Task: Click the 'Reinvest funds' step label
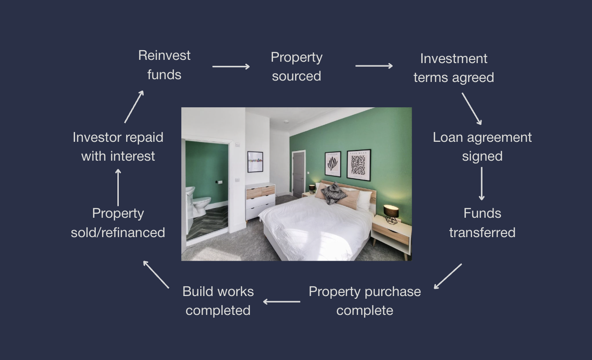[x=164, y=65]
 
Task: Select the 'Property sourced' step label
[x=296, y=66]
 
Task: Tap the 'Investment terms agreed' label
[x=453, y=68]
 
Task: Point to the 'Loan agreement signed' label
[x=482, y=146]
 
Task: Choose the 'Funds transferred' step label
[x=482, y=223]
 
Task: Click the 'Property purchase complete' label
[x=365, y=301]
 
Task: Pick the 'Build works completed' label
[x=218, y=301]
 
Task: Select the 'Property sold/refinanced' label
[x=118, y=223]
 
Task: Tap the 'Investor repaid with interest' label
[x=118, y=146]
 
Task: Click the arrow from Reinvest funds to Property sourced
[x=231, y=66]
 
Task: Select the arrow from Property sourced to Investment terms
[x=374, y=66]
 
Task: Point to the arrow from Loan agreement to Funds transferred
[x=482, y=183]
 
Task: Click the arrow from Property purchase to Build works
[x=281, y=302]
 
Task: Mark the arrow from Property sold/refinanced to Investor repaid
[x=118, y=187]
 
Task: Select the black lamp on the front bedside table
[x=391, y=213]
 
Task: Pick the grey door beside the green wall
[x=298, y=174]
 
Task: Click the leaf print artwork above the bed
[x=333, y=164]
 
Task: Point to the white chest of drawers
[x=260, y=201]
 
